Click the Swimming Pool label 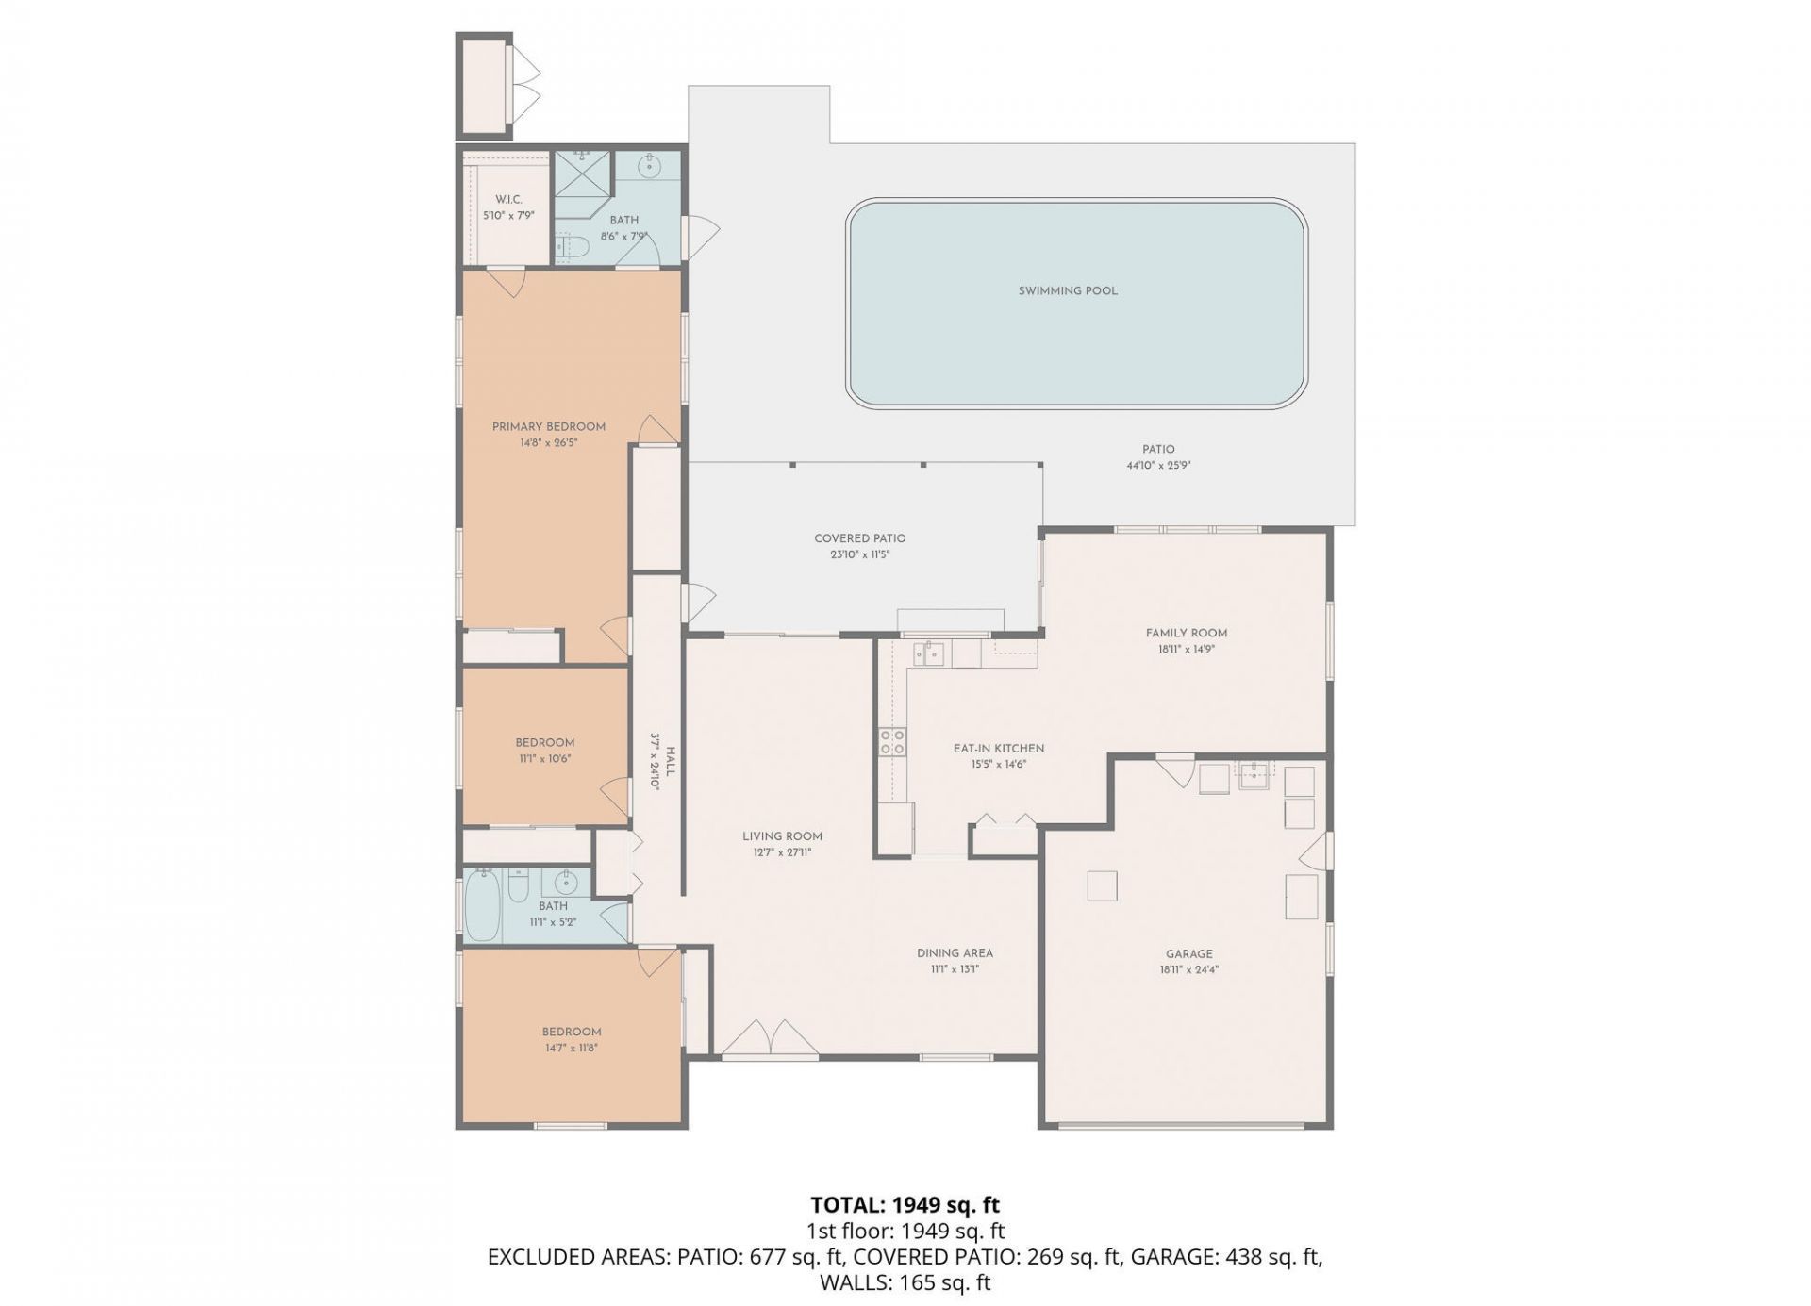click(1068, 290)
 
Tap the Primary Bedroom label click(548, 427)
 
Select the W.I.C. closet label click(508, 200)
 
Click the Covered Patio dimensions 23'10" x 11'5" click(860, 555)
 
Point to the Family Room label click(1186, 633)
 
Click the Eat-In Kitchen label click(998, 749)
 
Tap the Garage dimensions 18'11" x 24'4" click(1188, 969)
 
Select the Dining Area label click(955, 953)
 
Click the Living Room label click(782, 836)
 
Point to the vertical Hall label click(671, 761)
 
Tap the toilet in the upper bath click(572, 247)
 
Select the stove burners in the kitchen click(892, 742)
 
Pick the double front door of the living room click(772, 1037)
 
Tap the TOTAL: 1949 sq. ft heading click(905, 1205)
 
